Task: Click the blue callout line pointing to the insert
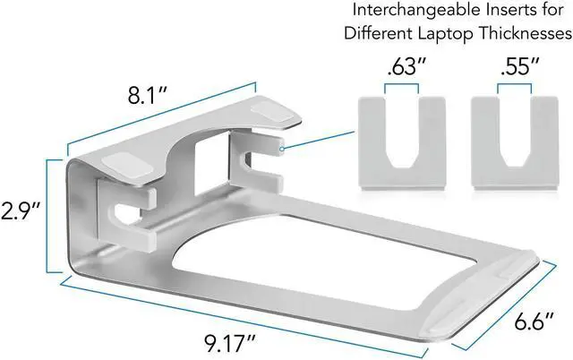[321, 138]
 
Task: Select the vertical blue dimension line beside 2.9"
[47, 215]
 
